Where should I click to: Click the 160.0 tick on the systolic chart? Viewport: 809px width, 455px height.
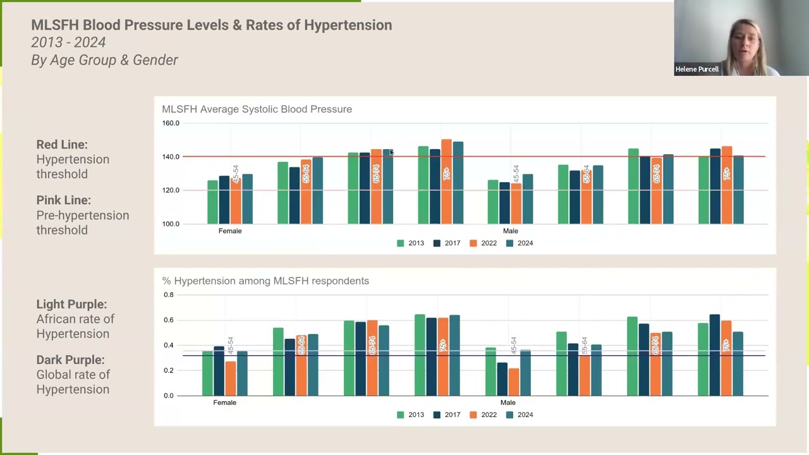171,123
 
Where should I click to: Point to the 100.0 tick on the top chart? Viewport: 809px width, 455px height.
171,224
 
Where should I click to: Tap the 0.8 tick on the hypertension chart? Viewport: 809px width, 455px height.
168,295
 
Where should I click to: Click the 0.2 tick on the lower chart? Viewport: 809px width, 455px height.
168,370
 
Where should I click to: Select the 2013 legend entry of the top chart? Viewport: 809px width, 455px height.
411,243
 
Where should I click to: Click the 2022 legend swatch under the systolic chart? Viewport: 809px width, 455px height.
473,243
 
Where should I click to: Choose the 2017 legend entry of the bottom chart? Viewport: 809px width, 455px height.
447,415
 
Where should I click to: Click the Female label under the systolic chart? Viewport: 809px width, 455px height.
230,231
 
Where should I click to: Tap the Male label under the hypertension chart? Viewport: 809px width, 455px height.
508,403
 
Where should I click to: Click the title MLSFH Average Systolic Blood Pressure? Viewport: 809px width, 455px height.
257,109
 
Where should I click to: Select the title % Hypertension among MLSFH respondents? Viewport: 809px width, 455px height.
265,281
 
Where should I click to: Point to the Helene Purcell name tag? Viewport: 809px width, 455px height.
696,69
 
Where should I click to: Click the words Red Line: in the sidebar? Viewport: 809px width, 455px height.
62,145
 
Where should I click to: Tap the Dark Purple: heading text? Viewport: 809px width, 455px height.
70,360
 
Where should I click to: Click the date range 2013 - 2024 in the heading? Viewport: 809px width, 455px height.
68,42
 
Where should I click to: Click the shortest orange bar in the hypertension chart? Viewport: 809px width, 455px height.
513,382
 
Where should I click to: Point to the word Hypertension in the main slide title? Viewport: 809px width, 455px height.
348,25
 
